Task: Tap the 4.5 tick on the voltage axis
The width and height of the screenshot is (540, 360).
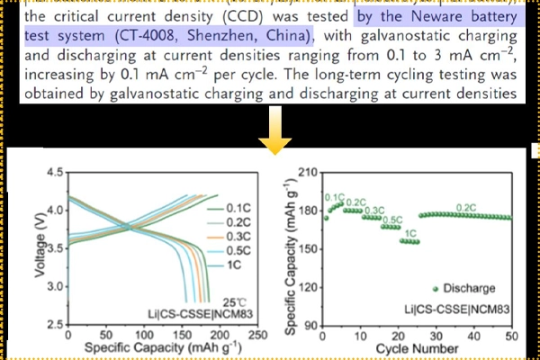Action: pos(52,171)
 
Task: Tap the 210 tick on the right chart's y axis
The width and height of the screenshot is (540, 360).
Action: pos(306,173)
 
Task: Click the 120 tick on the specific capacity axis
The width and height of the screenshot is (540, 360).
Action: pos(306,287)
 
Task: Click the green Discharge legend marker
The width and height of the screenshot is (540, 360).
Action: pos(436,288)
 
